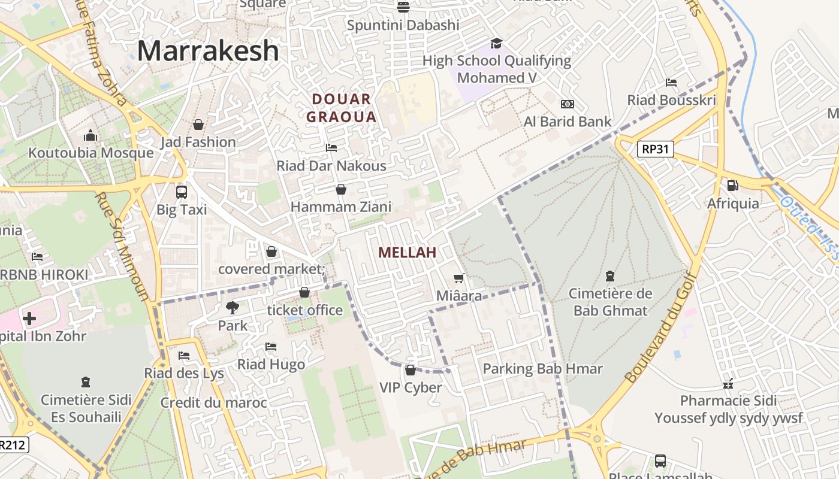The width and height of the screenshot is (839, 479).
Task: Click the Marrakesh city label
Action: (208, 51)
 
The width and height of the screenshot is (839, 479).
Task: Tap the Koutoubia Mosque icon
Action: (90, 135)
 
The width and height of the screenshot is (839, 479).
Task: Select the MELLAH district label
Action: (408, 253)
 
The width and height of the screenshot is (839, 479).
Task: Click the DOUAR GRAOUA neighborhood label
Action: (342, 108)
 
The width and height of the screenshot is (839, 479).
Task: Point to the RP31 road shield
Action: (655, 149)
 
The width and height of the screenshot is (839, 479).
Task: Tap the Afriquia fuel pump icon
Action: (732, 186)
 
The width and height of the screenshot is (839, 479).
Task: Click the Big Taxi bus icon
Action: (181, 192)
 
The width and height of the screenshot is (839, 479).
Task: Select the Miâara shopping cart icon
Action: (459, 278)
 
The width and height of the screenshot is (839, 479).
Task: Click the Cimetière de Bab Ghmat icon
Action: (610, 276)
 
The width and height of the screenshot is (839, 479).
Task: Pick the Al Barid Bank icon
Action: (567, 104)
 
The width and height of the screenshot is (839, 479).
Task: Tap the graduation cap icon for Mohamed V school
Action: (496, 43)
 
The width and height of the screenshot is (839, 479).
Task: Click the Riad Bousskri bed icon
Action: (671, 83)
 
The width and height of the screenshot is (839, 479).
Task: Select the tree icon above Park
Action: (233, 308)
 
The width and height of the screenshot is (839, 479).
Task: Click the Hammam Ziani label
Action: (341, 207)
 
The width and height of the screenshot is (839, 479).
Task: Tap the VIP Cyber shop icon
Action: (411, 370)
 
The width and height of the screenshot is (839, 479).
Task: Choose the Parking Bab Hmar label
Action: (542, 369)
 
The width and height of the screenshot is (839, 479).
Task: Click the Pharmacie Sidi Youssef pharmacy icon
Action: (728, 383)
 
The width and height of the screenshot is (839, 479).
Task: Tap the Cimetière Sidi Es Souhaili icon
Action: (86, 382)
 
